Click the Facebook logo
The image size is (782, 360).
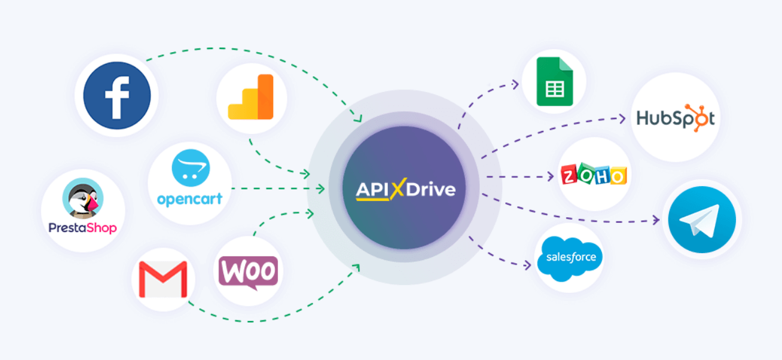pos(117,96)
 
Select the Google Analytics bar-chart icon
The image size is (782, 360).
pos(251,97)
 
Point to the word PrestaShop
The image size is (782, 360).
pos(83,228)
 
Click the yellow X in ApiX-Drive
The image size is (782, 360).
pos(397,189)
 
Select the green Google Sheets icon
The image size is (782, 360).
pos(554,81)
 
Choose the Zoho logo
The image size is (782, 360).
pos(593,175)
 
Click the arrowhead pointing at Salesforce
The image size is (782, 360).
pos(528,265)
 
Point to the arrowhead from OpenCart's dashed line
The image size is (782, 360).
pos(321,188)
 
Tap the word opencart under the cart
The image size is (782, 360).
pos(189,200)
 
